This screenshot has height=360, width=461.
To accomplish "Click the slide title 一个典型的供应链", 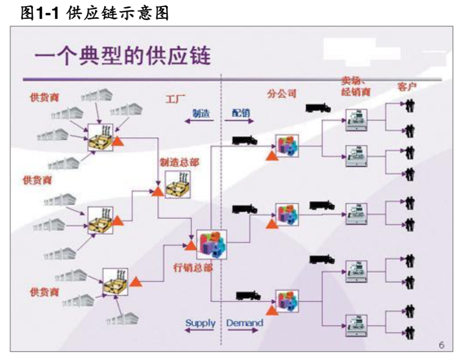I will click(x=123, y=58).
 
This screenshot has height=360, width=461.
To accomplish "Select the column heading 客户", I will click(x=407, y=87).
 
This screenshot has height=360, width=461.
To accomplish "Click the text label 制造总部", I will click(x=178, y=162).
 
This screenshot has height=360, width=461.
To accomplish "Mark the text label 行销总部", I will click(x=192, y=267).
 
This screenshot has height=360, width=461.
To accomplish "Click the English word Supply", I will click(x=200, y=323).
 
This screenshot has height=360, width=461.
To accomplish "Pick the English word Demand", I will click(x=245, y=323).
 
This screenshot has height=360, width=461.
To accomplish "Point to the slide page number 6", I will click(x=441, y=345).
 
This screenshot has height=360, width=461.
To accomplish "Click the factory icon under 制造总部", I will click(x=178, y=184).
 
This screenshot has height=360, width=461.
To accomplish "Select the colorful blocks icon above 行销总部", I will click(x=211, y=244).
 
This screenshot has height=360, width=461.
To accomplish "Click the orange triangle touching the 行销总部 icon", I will click(x=191, y=245).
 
